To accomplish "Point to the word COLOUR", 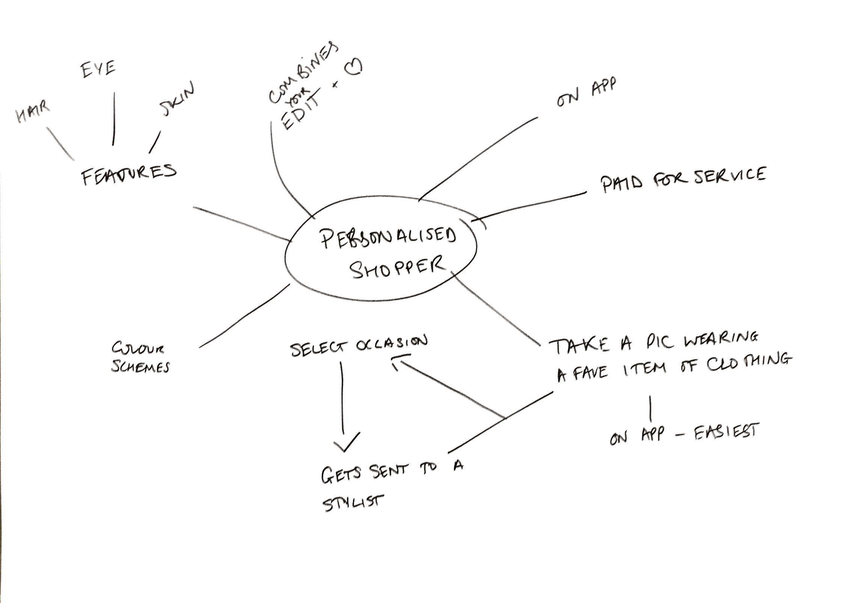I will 138,349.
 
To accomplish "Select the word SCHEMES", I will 140,366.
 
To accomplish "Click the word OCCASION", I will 391,344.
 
